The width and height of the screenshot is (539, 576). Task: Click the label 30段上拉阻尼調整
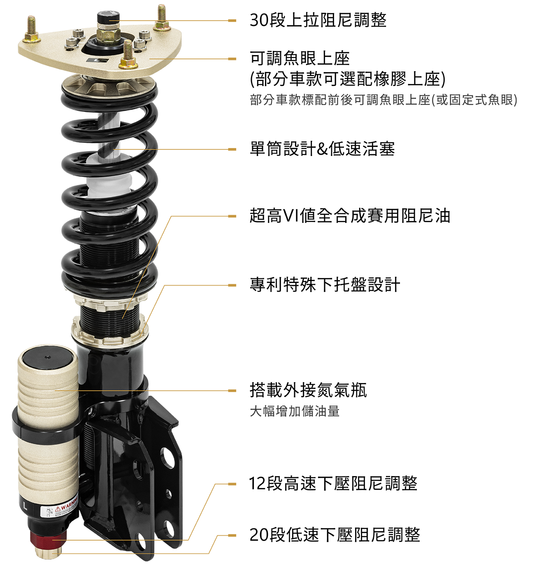coord(318,20)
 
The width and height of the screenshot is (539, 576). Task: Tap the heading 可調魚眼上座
coord(300,58)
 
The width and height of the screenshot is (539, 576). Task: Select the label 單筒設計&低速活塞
coord(322,149)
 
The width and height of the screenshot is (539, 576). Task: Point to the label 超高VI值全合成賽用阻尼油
coord(350,216)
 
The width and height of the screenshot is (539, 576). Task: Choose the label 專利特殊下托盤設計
coord(325,285)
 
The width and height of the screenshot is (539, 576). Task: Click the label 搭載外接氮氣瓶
coord(308,390)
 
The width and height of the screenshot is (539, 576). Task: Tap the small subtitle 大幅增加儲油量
coord(295,411)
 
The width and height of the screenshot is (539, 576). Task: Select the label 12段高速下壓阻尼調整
coord(333,483)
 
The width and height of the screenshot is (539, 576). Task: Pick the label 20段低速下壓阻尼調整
coord(335,534)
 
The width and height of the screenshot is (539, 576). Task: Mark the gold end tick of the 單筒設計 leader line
coord(232,149)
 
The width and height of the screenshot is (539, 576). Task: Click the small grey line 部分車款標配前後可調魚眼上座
coord(383,100)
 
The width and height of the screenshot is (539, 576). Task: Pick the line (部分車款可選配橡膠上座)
coord(347,79)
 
